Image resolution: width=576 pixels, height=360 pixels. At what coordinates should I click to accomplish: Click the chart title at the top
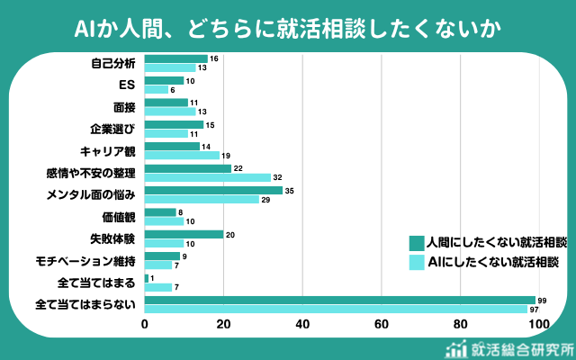click(288, 28)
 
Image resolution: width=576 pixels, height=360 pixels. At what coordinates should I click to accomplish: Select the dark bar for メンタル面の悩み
click(213, 191)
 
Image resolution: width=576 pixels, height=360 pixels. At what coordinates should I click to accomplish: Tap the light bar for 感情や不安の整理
click(207, 177)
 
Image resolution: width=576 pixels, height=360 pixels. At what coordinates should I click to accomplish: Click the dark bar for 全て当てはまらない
click(339, 300)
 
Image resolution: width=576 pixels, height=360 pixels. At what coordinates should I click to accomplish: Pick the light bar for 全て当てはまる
click(157, 287)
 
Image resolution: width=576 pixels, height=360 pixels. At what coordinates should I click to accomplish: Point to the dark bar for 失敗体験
click(184, 234)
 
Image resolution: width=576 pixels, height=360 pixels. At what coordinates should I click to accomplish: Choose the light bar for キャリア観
click(182, 156)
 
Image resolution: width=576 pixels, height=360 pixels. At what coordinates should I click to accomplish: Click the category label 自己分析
click(113, 63)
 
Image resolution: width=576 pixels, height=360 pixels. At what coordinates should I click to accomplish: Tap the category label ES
click(127, 85)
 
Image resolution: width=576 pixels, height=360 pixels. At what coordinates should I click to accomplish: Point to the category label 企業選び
click(113, 129)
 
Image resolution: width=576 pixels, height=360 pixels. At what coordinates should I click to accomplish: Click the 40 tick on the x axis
click(302, 325)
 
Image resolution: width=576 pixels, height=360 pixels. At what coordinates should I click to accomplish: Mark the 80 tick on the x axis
click(461, 325)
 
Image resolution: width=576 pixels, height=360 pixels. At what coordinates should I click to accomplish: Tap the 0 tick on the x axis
click(145, 325)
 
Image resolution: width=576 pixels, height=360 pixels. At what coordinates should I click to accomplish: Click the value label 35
click(290, 191)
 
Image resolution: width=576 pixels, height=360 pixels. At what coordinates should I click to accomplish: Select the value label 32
click(278, 177)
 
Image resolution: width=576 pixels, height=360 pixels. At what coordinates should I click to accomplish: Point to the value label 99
click(542, 300)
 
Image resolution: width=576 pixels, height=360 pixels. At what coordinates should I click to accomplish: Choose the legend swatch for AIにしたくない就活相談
click(416, 263)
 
